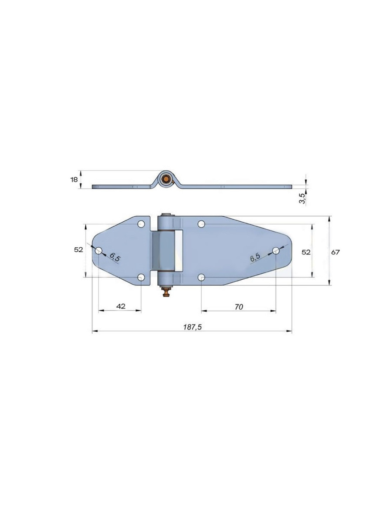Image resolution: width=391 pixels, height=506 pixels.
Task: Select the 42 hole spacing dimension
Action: pos(121,306)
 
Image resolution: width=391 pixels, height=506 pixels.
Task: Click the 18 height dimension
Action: pos(74,180)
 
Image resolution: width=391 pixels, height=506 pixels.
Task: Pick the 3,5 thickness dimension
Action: pos(302,198)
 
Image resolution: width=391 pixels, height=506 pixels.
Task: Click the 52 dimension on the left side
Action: pos(79,250)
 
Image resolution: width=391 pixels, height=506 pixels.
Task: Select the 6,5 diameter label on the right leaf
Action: pos(255,257)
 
